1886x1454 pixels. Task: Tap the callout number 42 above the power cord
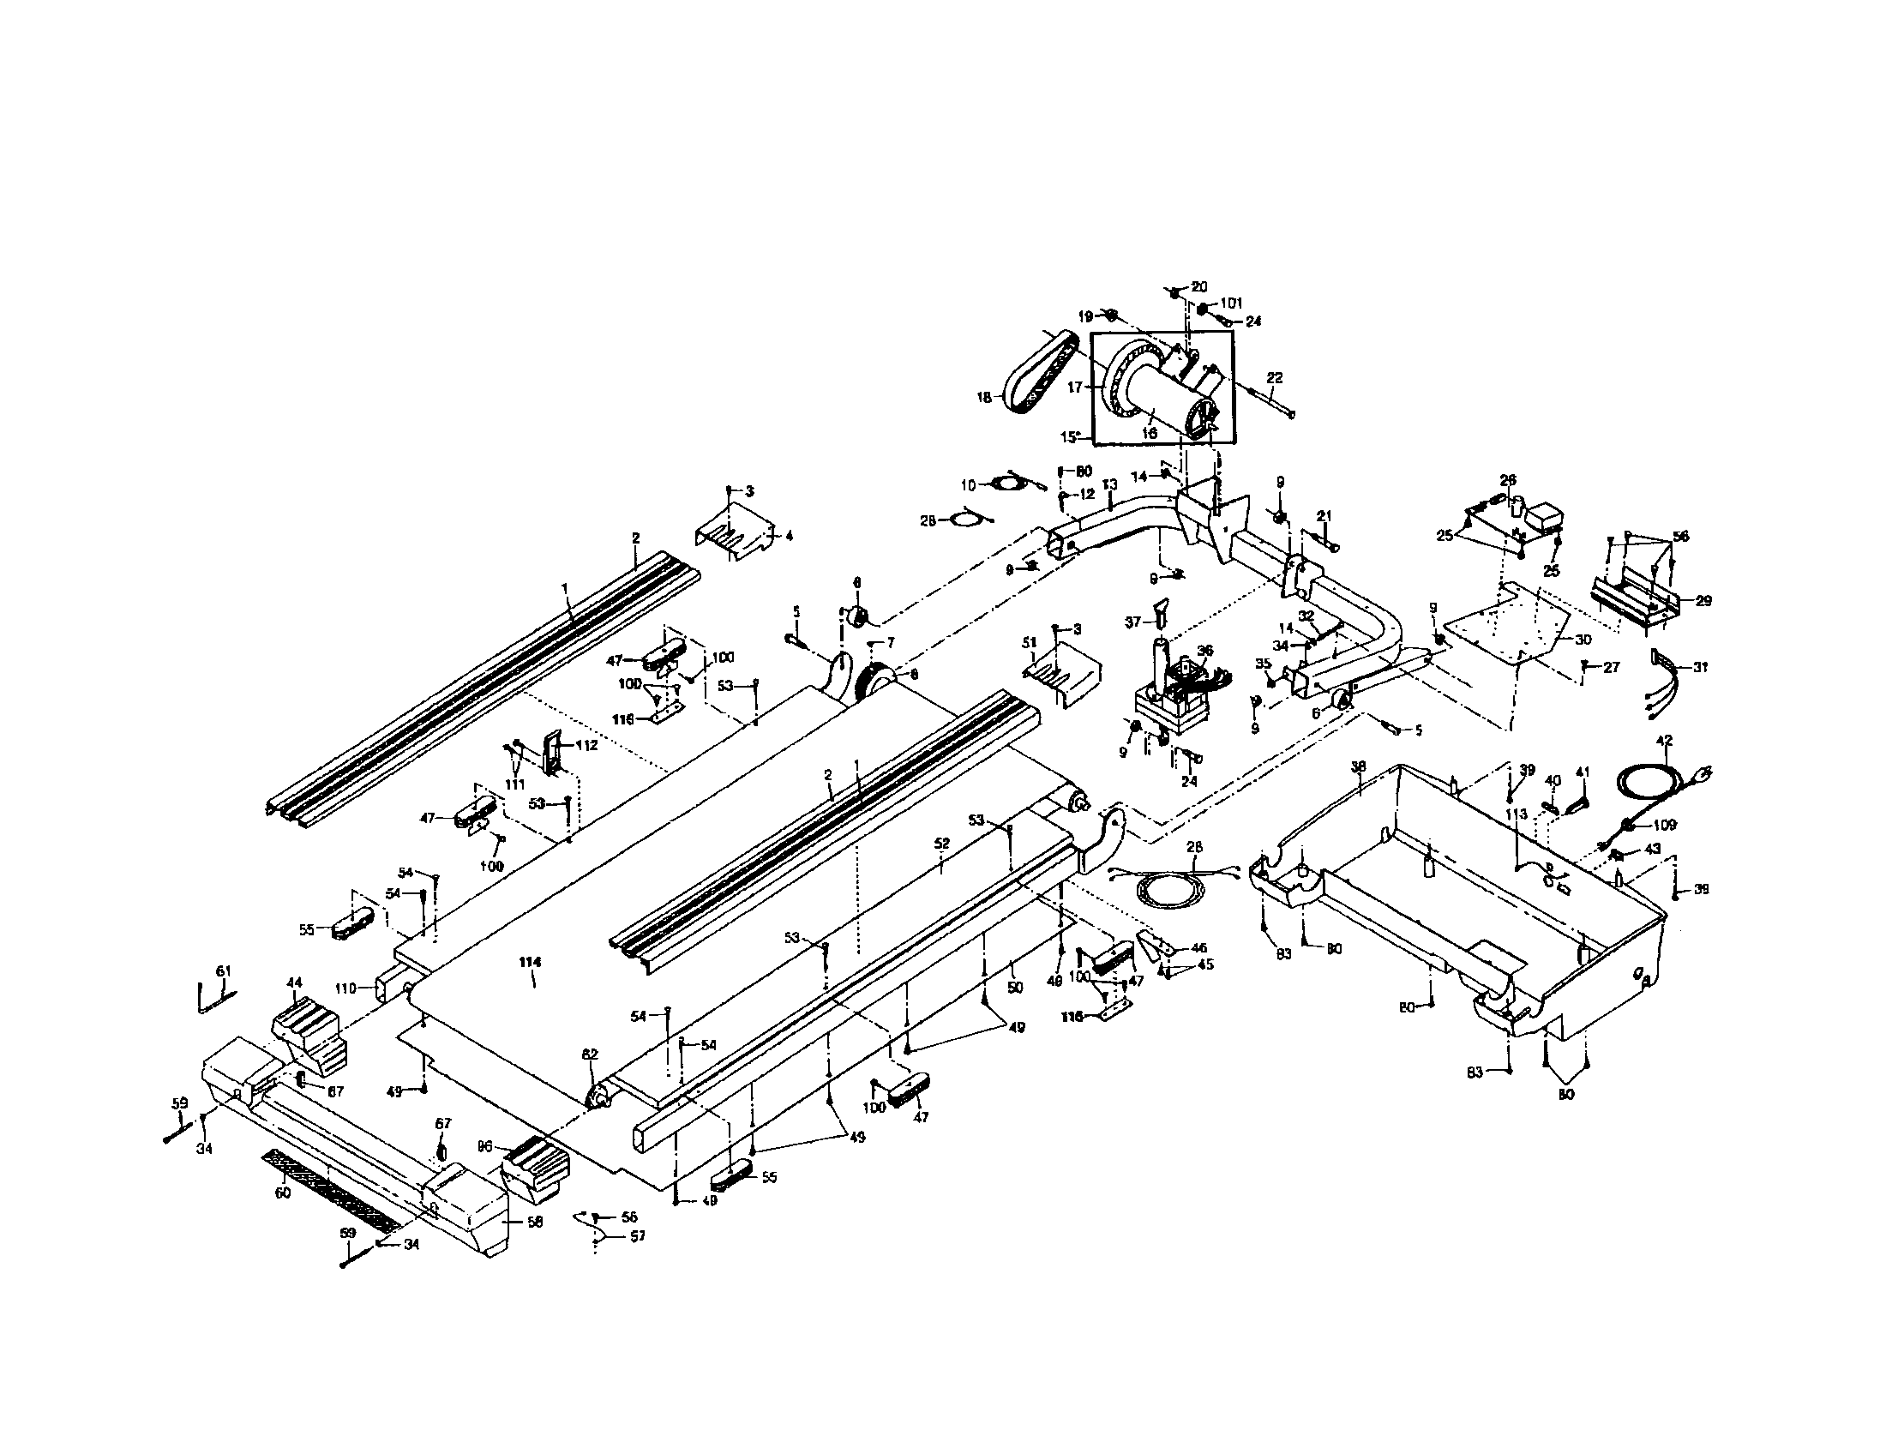coord(1664,740)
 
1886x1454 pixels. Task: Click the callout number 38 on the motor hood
coord(1359,765)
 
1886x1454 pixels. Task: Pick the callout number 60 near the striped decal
coord(282,1193)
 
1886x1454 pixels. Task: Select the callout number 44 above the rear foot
coord(294,982)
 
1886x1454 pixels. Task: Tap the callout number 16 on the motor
coord(1150,434)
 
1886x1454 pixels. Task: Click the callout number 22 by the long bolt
coord(1275,377)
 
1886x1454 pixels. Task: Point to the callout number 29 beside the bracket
coord(1703,601)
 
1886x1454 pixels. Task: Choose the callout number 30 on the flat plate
coord(1583,640)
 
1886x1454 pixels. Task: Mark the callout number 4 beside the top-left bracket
coord(788,535)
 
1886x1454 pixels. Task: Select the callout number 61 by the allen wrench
coord(224,971)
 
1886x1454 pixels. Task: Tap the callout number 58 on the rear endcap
coord(535,1222)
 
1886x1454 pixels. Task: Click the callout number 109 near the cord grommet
coord(1664,825)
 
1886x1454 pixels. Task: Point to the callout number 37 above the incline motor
coord(1132,621)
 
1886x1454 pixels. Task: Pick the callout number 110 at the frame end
coord(345,988)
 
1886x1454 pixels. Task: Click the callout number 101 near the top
coord(1231,303)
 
